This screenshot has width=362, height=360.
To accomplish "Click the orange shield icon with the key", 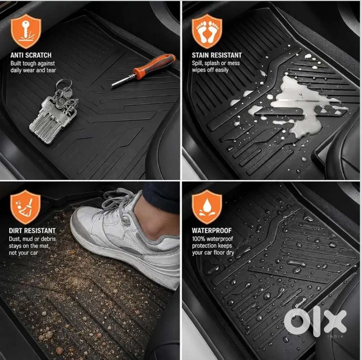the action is point(26,31).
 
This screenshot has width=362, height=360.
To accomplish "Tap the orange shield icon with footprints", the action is point(207,31).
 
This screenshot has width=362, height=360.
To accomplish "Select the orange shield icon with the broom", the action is point(25,207).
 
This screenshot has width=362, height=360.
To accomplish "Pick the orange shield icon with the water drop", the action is point(207,207).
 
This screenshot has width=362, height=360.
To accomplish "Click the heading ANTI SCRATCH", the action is point(31,55).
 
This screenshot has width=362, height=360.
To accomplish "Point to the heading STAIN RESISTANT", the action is point(217,55).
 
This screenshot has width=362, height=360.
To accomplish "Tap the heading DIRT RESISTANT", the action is point(32,230).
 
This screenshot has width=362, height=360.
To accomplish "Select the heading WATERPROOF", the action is point(212,230).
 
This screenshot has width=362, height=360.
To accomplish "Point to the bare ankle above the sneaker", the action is point(157,219).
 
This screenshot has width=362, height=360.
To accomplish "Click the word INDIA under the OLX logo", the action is point(336,336).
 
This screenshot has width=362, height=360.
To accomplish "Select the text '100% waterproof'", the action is point(212,239).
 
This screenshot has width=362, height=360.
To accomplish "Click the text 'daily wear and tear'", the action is point(33,71).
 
